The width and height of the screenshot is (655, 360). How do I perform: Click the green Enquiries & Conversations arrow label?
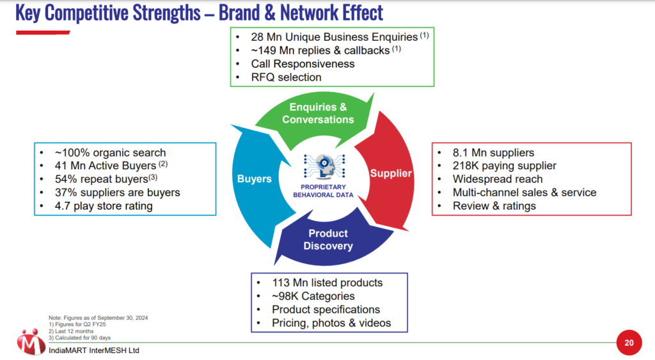[318, 113]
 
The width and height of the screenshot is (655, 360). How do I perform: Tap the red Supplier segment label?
[391, 173]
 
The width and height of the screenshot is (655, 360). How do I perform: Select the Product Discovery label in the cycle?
[327, 240]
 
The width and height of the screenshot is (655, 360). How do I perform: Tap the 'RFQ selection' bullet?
[287, 77]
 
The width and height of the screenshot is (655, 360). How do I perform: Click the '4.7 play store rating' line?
[104, 206]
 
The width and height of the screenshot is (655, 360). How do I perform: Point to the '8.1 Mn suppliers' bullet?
[493, 153]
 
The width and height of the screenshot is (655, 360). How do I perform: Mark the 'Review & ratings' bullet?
[494, 206]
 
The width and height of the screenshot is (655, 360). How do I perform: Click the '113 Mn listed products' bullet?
[327, 283]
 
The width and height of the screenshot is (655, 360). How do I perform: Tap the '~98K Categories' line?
[313, 296]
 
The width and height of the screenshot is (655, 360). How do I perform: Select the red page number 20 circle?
[629, 343]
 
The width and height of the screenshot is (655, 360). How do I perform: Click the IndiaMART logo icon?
[31, 342]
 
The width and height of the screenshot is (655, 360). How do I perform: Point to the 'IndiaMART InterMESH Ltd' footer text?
[94, 350]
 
